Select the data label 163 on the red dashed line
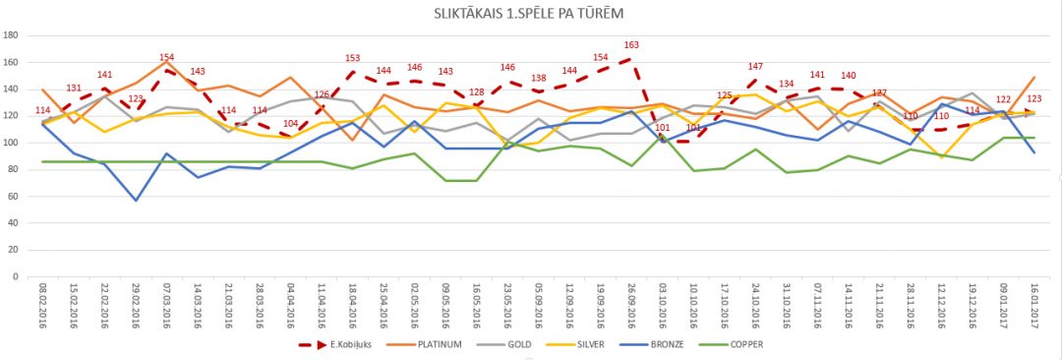pos(631,45)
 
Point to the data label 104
pos(290,124)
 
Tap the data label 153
pos(352,58)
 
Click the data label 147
pos(755,66)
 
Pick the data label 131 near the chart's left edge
pos(74,89)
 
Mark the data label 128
pos(476,91)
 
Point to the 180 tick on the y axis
pos(12,35)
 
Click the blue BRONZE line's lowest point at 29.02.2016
pos(136,200)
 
